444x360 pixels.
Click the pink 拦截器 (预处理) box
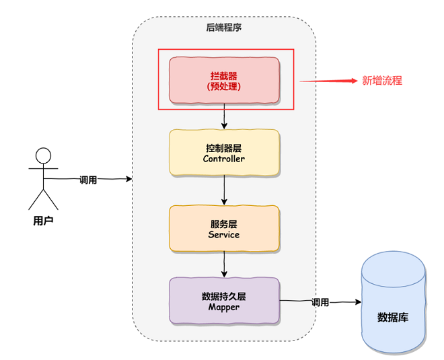tap(224, 81)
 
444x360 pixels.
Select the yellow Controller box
tap(224, 152)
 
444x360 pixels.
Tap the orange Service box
tap(224, 228)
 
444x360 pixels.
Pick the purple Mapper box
tap(224, 301)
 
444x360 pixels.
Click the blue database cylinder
tap(394, 302)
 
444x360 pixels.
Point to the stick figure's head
tap(43, 155)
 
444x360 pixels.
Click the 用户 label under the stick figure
tap(43, 221)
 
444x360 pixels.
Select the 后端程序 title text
tap(224, 28)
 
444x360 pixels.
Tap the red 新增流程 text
tap(382, 81)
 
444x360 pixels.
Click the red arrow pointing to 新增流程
tap(328, 81)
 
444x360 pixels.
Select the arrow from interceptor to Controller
tap(224, 116)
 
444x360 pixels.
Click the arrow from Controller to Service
tap(224, 190)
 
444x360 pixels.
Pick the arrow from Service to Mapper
tap(224, 264)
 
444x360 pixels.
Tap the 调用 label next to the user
tap(88, 180)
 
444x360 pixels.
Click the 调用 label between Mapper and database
tap(320, 302)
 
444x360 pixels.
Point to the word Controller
tap(224, 159)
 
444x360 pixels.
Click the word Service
tap(224, 235)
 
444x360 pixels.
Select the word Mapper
tap(224, 307)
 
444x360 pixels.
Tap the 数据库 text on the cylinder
tap(393, 318)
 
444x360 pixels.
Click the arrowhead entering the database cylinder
tap(359, 302)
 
